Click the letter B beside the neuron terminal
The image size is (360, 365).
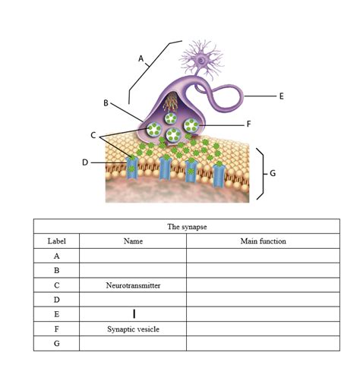click(x=106, y=102)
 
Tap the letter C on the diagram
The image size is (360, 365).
click(x=93, y=136)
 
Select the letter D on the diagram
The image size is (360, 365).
click(x=86, y=162)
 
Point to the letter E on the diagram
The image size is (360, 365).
click(x=281, y=96)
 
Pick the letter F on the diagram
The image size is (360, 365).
click(x=248, y=122)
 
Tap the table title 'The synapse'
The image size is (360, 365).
click(x=186, y=226)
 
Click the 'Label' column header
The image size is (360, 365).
click(x=57, y=241)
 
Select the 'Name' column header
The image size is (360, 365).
click(x=133, y=241)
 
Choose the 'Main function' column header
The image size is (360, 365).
click(x=263, y=241)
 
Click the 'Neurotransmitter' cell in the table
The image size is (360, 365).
click(x=133, y=285)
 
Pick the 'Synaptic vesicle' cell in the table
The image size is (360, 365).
click(x=133, y=329)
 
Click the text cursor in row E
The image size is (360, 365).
click(x=134, y=313)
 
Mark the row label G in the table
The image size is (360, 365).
click(x=57, y=343)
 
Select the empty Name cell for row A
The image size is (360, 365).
click(x=133, y=256)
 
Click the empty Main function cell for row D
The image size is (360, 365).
click(x=263, y=299)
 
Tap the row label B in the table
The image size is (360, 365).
click(x=57, y=270)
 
